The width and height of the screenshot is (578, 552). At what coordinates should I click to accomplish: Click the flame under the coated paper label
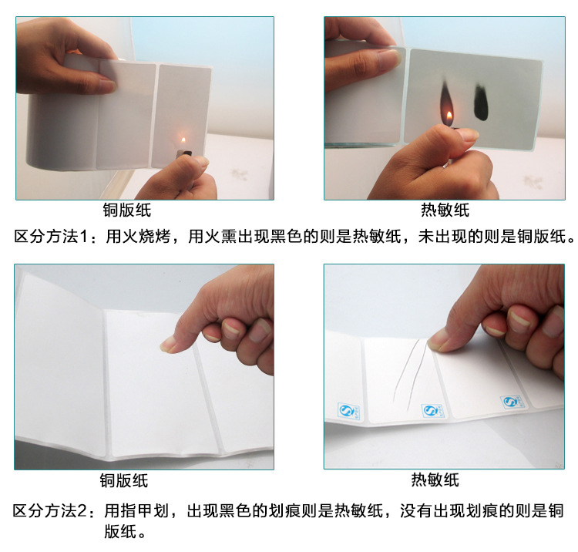click(x=183, y=140)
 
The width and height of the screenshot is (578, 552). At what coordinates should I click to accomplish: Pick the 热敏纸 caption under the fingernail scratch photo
click(x=435, y=481)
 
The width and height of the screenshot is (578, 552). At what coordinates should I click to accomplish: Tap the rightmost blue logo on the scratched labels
click(x=509, y=402)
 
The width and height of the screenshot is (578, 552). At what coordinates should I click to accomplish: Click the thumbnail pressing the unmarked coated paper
click(x=168, y=345)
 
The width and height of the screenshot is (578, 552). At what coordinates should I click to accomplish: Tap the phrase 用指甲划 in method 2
click(x=136, y=511)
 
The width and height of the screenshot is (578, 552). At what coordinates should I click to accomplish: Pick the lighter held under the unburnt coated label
click(x=184, y=155)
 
